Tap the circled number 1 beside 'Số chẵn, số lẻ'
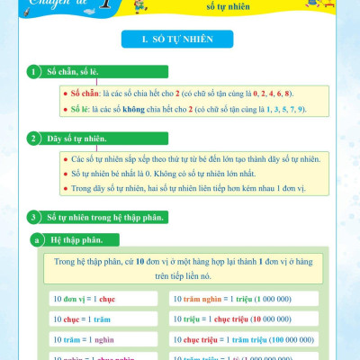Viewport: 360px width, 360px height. click(33, 71)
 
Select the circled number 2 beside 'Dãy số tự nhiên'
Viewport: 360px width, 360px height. click(33, 139)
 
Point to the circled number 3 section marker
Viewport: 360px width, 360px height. click(33, 217)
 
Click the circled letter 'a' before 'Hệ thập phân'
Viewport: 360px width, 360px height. click(36, 240)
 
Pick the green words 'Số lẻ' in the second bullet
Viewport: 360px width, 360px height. click(83, 110)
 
